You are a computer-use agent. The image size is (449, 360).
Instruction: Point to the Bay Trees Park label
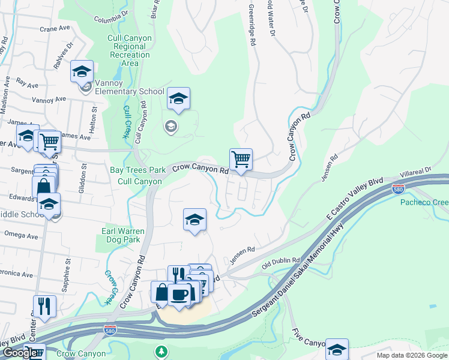click(x=137, y=170)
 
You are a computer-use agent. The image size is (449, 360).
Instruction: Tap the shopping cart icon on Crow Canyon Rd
click(x=241, y=160)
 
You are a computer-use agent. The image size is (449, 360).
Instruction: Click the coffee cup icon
click(x=179, y=295)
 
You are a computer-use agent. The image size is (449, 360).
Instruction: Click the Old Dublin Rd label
click(x=280, y=262)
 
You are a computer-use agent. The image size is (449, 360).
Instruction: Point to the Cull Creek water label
click(x=127, y=122)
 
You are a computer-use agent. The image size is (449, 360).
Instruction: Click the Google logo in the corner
click(x=19, y=353)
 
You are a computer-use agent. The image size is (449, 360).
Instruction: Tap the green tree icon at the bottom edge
click(x=161, y=351)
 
